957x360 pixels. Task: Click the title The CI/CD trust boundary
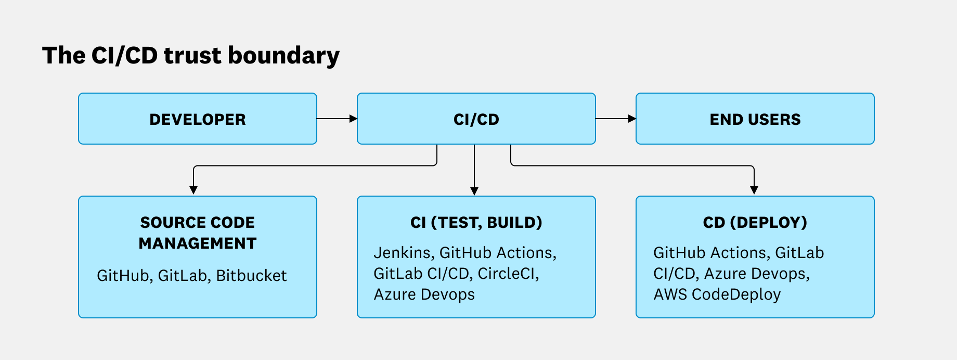[190, 56]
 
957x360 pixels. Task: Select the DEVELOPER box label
[198, 120]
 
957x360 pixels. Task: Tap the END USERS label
[755, 120]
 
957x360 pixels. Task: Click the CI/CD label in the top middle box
[476, 120]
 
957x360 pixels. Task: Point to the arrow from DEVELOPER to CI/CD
[337, 119]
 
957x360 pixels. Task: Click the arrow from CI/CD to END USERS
[615, 119]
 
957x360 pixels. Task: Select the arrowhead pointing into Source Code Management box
[193, 190]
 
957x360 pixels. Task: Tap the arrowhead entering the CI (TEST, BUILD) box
[474, 191]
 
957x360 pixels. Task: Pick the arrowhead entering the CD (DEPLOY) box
[754, 190]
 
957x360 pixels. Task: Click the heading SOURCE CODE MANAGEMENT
[198, 233]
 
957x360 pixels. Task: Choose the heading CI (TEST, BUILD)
[476, 223]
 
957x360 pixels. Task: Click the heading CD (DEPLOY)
[755, 223]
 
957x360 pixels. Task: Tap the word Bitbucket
[251, 276]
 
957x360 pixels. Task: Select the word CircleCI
[508, 274]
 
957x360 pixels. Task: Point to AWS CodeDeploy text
[717, 294]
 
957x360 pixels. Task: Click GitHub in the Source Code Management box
[123, 276]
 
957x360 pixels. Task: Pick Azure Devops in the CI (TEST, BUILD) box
[424, 294]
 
